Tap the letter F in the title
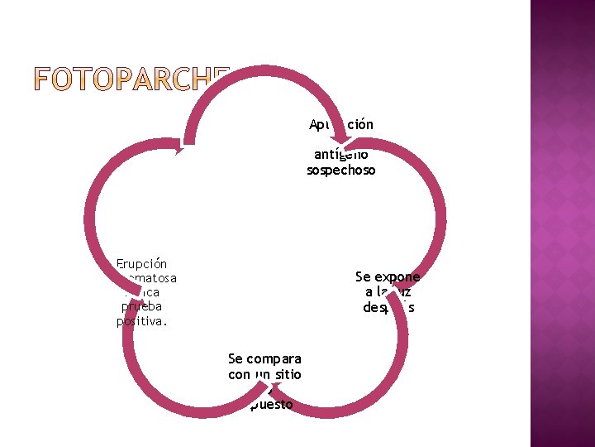pos(44,81)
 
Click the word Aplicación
pos(341,124)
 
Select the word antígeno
pos(341,155)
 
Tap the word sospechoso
pos(341,170)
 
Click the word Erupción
pos(141,264)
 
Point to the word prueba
pos(141,305)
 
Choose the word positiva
pos(141,320)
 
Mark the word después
pos(388,307)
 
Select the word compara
pos(274,358)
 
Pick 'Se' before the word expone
pos(364,276)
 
